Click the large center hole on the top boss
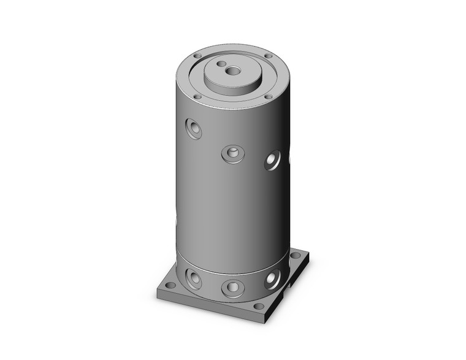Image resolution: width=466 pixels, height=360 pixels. coord(233,71)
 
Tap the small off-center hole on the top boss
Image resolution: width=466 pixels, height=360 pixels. coord(221,64)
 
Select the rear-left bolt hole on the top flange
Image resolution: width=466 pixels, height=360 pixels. coord(197,56)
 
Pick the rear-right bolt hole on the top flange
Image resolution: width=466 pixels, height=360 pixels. coord(268,56)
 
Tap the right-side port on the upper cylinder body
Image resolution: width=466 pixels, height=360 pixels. coord(272,161)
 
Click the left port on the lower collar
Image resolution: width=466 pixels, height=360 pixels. coord(194,280)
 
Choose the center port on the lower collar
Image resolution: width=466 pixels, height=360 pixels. coord(233,287)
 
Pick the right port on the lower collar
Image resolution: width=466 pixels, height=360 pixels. coord(272,279)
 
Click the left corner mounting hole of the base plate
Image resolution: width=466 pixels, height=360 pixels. coord(170,285)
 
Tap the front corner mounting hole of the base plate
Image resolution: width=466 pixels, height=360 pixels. coord(259,306)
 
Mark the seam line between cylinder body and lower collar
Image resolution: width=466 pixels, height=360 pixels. coord(233,272)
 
